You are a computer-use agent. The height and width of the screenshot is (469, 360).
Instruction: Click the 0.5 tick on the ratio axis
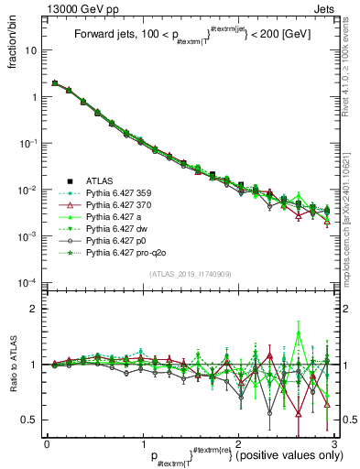[31, 420]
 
